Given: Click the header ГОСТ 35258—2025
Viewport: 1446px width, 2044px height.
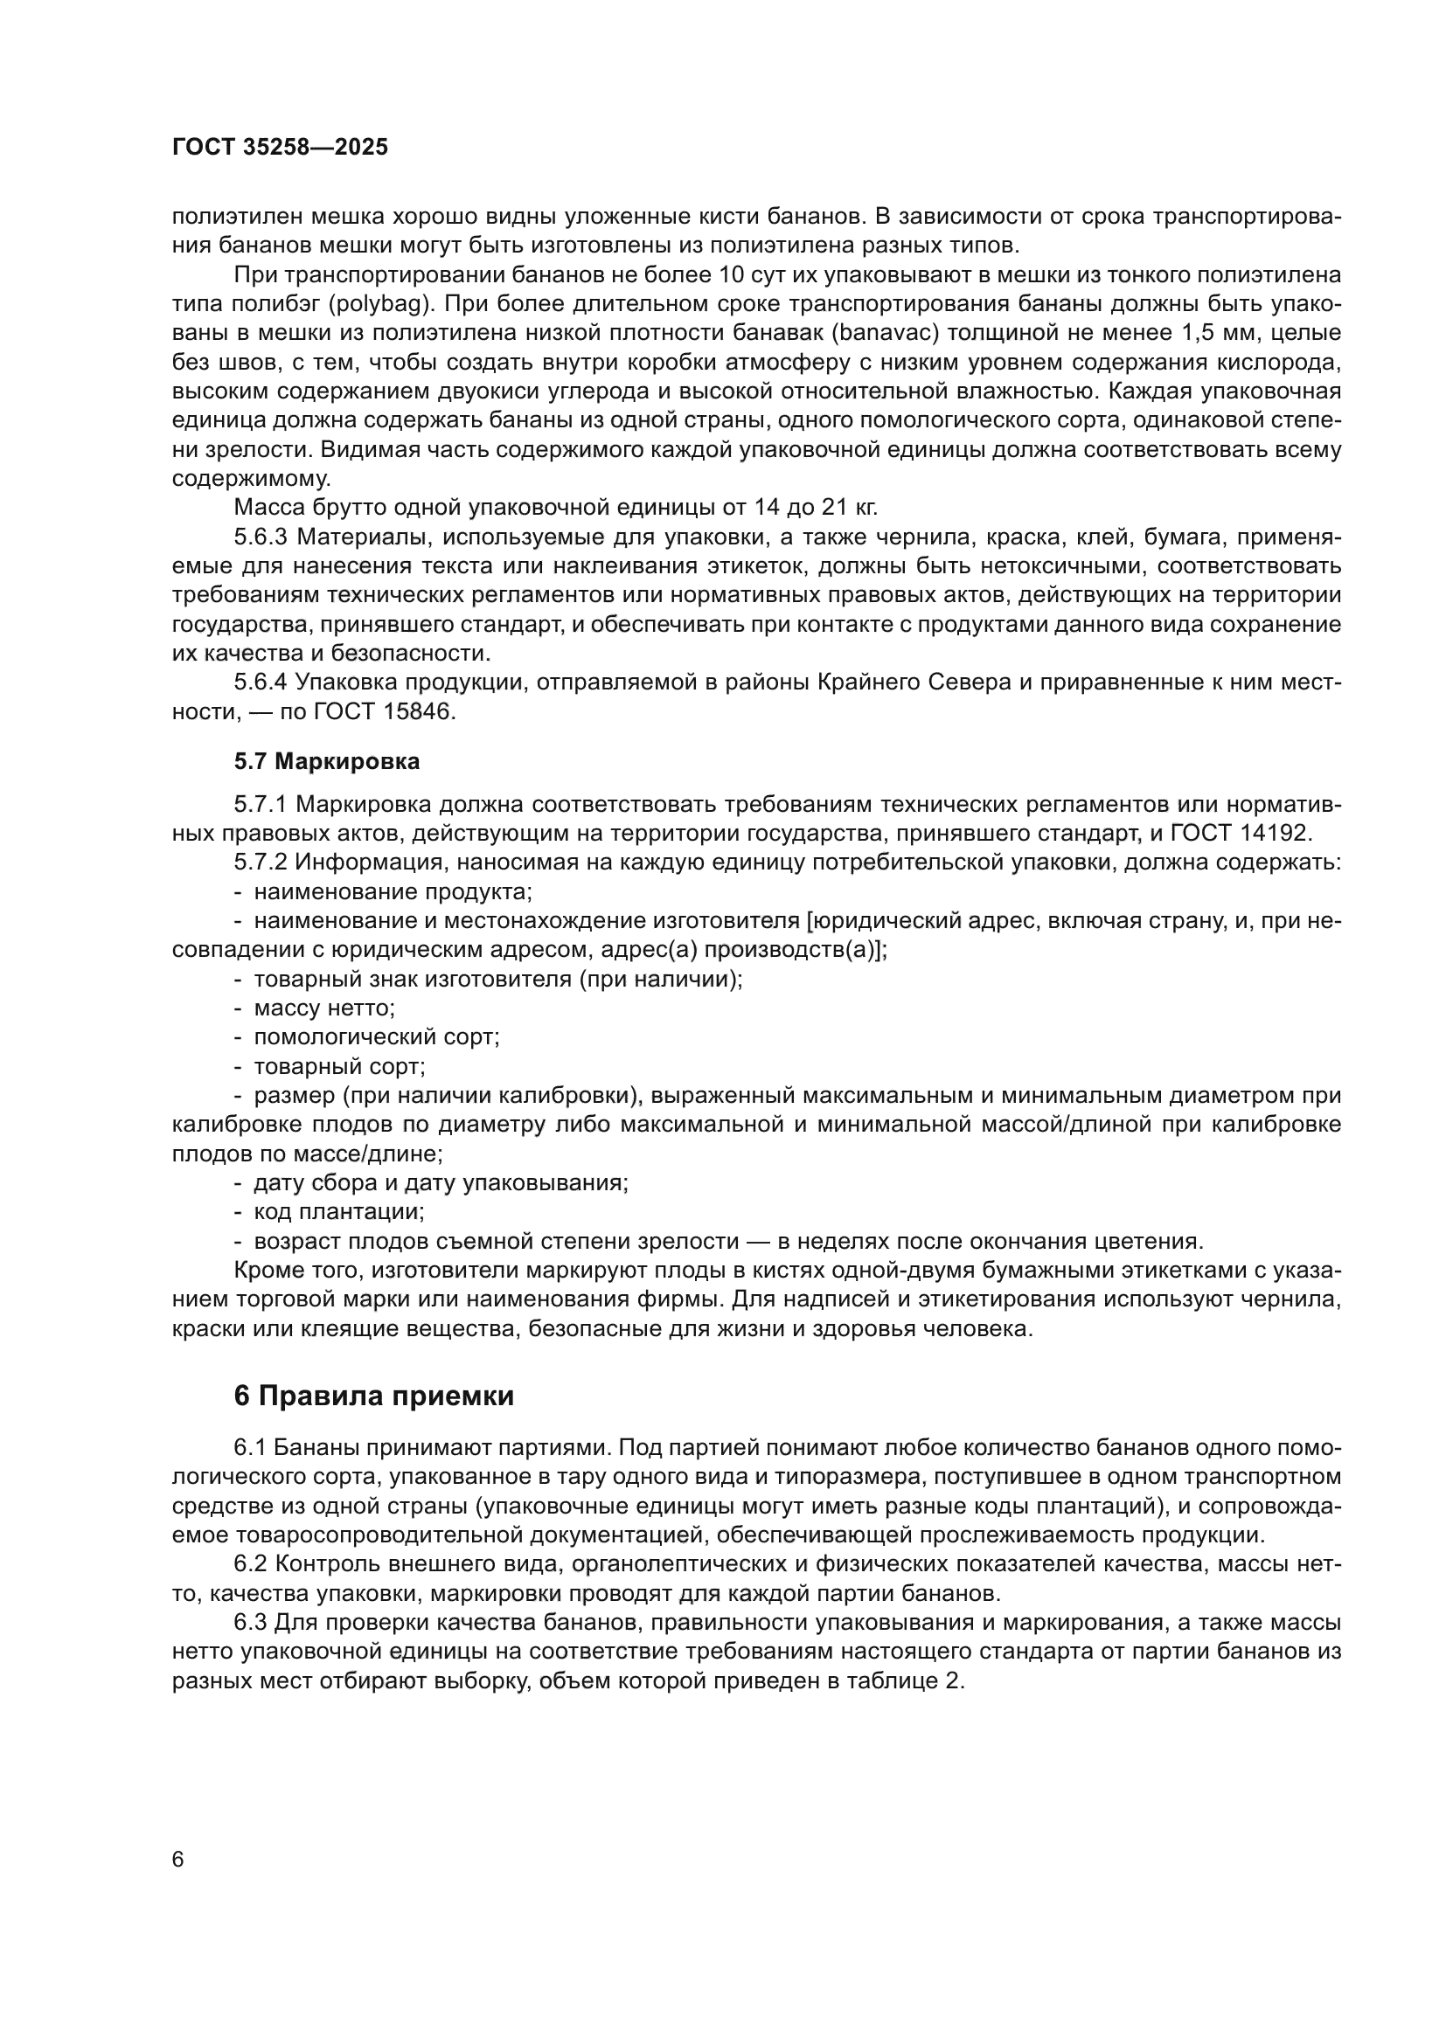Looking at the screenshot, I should coord(280,148).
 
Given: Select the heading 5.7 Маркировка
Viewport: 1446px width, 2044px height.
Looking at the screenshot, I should coord(327,762).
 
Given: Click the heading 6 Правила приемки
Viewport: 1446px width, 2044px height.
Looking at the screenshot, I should coord(374,1396).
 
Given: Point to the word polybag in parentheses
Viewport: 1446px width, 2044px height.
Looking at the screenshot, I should coord(379,304).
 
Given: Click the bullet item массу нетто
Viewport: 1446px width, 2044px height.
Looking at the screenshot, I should coord(324,1008).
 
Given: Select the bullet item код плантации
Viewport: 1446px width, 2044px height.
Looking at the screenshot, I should coord(338,1211).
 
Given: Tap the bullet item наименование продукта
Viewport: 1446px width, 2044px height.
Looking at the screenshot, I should coord(392,892).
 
